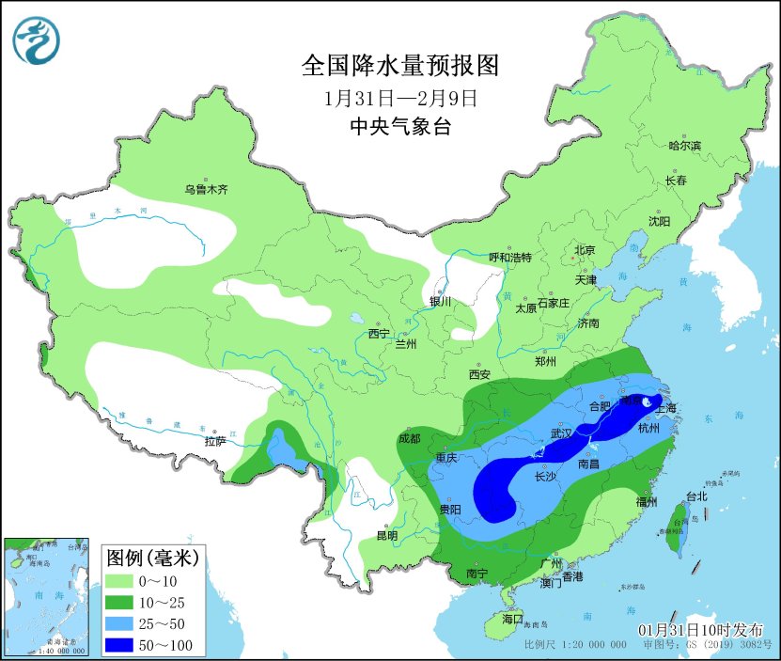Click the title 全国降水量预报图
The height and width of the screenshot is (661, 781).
398,65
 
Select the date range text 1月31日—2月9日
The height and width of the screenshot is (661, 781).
399,98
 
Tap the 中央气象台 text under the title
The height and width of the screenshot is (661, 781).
399,127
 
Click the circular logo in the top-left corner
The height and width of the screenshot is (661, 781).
36,40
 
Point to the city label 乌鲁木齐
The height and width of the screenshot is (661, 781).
206,190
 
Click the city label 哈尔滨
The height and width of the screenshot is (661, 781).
684,146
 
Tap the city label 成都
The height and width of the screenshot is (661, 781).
410,437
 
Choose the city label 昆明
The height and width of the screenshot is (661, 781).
386,535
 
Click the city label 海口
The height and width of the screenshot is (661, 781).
512,621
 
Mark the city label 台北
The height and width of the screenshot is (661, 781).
695,496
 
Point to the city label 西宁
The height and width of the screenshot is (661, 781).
378,334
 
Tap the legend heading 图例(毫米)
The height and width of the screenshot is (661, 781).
151,559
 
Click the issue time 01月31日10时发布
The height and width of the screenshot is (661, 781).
701,629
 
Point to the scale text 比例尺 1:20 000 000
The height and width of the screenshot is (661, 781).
575,645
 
